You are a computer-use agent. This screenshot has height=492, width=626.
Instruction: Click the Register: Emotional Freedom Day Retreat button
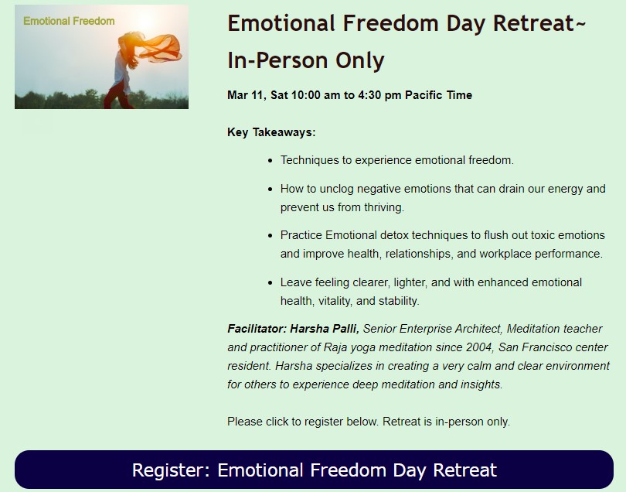(x=314, y=470)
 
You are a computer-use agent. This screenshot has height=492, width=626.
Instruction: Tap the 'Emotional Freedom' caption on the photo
(x=69, y=21)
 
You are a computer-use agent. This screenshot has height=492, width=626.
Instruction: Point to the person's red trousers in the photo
(x=117, y=95)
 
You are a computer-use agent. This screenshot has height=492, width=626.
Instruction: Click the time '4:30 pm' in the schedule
(x=379, y=95)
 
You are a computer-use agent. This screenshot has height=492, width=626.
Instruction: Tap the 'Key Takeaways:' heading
(x=271, y=132)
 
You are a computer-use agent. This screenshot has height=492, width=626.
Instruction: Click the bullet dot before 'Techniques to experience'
(x=270, y=161)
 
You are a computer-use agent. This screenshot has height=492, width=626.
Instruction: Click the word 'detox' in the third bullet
(x=394, y=235)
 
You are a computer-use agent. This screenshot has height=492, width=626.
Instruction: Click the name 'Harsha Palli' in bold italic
(x=325, y=329)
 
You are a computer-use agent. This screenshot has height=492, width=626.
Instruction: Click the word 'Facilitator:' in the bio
(x=257, y=329)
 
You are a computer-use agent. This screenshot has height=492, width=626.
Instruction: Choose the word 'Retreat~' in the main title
(x=539, y=22)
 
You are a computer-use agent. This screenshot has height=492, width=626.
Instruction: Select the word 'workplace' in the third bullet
(x=505, y=254)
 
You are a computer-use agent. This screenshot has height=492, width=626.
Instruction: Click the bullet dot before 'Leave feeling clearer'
(x=270, y=283)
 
